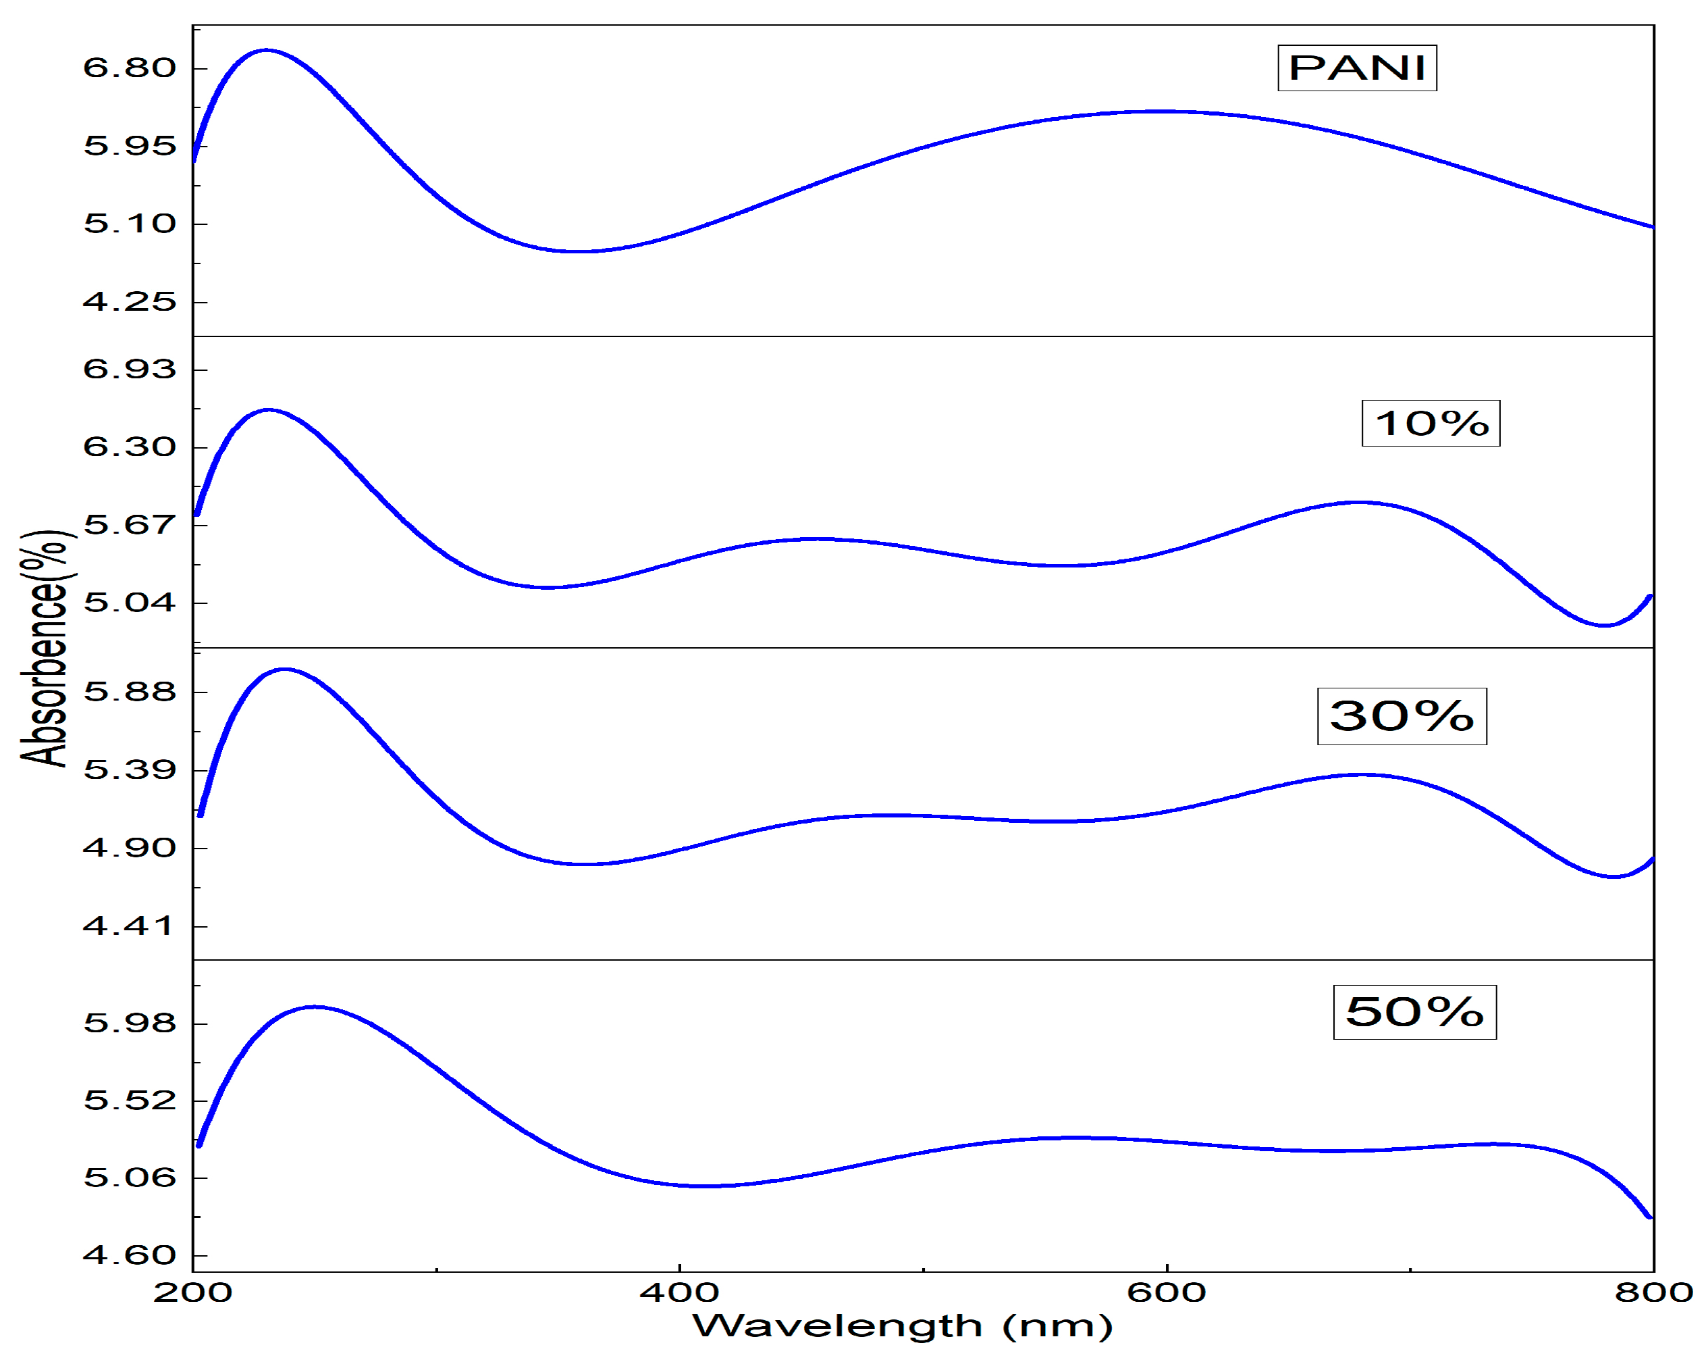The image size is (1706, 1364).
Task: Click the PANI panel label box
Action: tap(1356, 68)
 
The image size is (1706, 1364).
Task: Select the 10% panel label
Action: tap(1430, 424)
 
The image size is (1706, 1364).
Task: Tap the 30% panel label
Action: tap(1402, 716)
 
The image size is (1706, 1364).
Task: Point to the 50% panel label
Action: tap(1414, 1013)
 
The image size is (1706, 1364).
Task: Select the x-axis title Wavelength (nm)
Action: tap(902, 1326)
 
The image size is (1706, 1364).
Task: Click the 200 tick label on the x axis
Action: tap(192, 1293)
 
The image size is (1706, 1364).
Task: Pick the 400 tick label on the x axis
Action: tap(679, 1293)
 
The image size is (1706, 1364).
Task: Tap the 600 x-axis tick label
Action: tap(1167, 1293)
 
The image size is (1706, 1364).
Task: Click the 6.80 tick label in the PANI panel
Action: tap(130, 68)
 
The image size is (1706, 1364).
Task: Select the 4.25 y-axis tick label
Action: tap(130, 301)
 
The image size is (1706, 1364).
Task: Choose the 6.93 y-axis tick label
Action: tap(130, 369)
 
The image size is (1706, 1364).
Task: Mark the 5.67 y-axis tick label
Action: tap(130, 524)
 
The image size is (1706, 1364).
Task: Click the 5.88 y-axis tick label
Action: tap(130, 692)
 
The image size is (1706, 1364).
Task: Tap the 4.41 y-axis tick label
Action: tap(130, 926)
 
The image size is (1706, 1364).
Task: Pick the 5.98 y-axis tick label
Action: tap(130, 1023)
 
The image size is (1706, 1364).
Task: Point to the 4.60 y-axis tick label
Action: tap(130, 1255)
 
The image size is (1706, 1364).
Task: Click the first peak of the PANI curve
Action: tap(266, 50)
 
